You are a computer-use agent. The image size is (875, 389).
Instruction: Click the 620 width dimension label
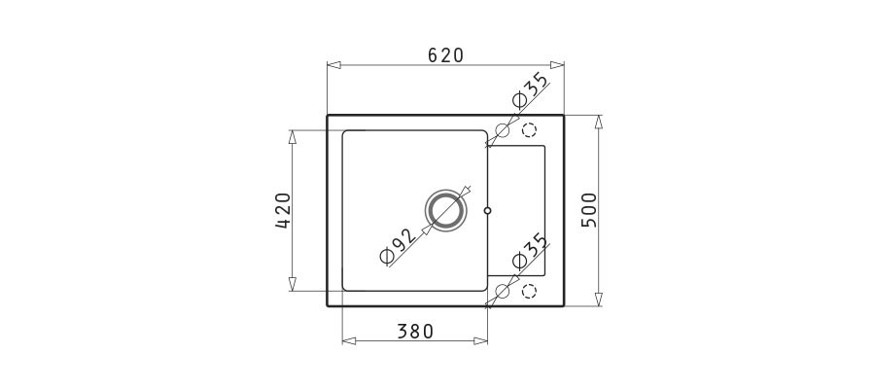(446, 54)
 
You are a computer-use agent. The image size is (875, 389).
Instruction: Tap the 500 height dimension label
(589, 210)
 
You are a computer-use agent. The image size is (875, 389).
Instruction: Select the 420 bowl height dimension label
(283, 210)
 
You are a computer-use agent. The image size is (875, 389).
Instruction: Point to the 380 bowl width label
(415, 332)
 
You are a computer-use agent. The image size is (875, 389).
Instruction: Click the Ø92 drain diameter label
(399, 246)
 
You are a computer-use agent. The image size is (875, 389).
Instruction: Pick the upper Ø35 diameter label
(530, 90)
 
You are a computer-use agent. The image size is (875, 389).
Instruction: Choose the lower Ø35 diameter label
(530, 251)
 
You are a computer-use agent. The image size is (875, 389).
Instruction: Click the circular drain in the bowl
(444, 210)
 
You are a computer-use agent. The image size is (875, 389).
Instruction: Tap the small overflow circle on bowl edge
(488, 210)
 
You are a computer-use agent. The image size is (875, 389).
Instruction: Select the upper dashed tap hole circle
(529, 130)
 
